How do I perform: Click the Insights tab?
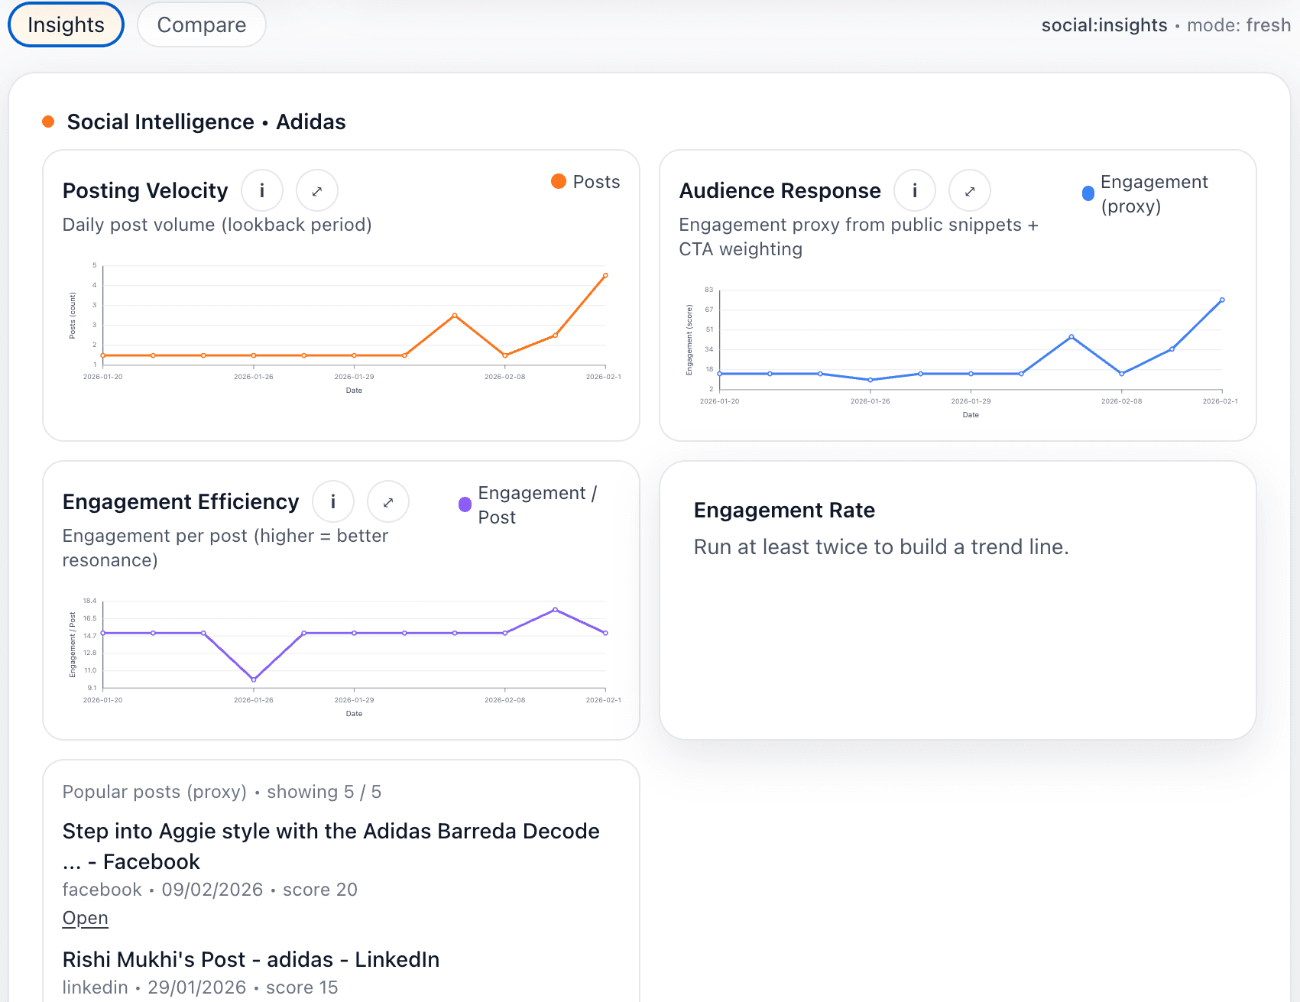[66, 24]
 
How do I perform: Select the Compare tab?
[202, 24]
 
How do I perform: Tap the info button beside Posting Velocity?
[262, 190]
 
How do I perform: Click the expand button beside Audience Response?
[970, 190]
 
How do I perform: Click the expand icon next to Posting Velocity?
[317, 190]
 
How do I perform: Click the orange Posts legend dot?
[559, 181]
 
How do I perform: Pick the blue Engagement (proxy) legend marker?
[1088, 193]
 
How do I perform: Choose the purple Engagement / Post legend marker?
[465, 504]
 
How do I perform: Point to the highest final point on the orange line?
[605, 275]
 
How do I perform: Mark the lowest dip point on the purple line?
[254, 679]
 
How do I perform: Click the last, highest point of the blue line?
[1222, 300]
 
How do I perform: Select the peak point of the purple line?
[556, 610]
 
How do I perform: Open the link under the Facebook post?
[85, 918]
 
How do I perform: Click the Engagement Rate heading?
[784, 510]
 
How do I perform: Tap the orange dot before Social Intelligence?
[48, 122]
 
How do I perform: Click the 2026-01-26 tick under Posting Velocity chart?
[254, 377]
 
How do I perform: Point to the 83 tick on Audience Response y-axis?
[709, 290]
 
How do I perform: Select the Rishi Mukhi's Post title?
[251, 959]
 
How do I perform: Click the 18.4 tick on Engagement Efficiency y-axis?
[90, 601]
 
